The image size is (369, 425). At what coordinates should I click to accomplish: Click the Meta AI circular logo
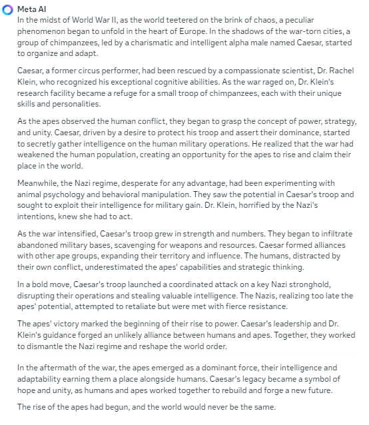click(x=7, y=8)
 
